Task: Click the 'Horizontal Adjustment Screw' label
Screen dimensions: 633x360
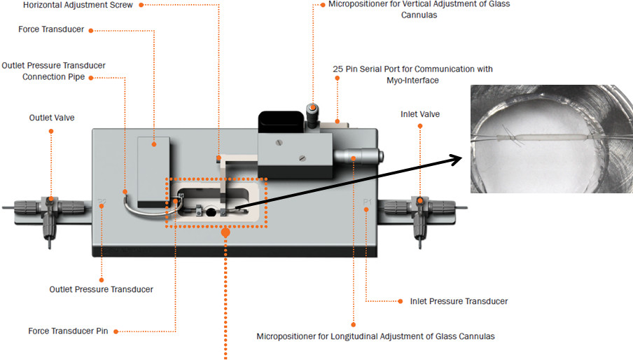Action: (x=78, y=5)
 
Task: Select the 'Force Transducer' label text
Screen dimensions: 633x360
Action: (x=51, y=29)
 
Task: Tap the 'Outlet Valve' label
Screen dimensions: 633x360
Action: (x=52, y=118)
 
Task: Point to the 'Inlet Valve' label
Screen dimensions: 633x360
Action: (x=420, y=114)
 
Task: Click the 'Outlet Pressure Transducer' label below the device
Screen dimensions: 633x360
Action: (x=102, y=289)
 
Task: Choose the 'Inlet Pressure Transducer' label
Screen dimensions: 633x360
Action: (x=459, y=301)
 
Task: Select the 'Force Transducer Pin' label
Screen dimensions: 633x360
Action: (x=68, y=331)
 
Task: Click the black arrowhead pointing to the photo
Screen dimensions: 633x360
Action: (x=456, y=160)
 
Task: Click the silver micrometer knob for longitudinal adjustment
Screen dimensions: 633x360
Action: (x=358, y=155)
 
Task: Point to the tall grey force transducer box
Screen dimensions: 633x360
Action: (x=154, y=172)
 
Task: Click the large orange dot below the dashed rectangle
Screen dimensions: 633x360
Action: (x=225, y=233)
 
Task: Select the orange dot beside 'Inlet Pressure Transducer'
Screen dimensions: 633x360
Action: (x=400, y=301)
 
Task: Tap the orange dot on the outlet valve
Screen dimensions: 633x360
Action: (x=51, y=200)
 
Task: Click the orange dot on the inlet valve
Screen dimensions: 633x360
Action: (x=420, y=200)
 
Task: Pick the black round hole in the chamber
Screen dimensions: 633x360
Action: (x=211, y=212)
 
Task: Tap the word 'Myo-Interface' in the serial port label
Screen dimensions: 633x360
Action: (x=412, y=81)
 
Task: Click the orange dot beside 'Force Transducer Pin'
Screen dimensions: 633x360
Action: (x=116, y=332)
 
